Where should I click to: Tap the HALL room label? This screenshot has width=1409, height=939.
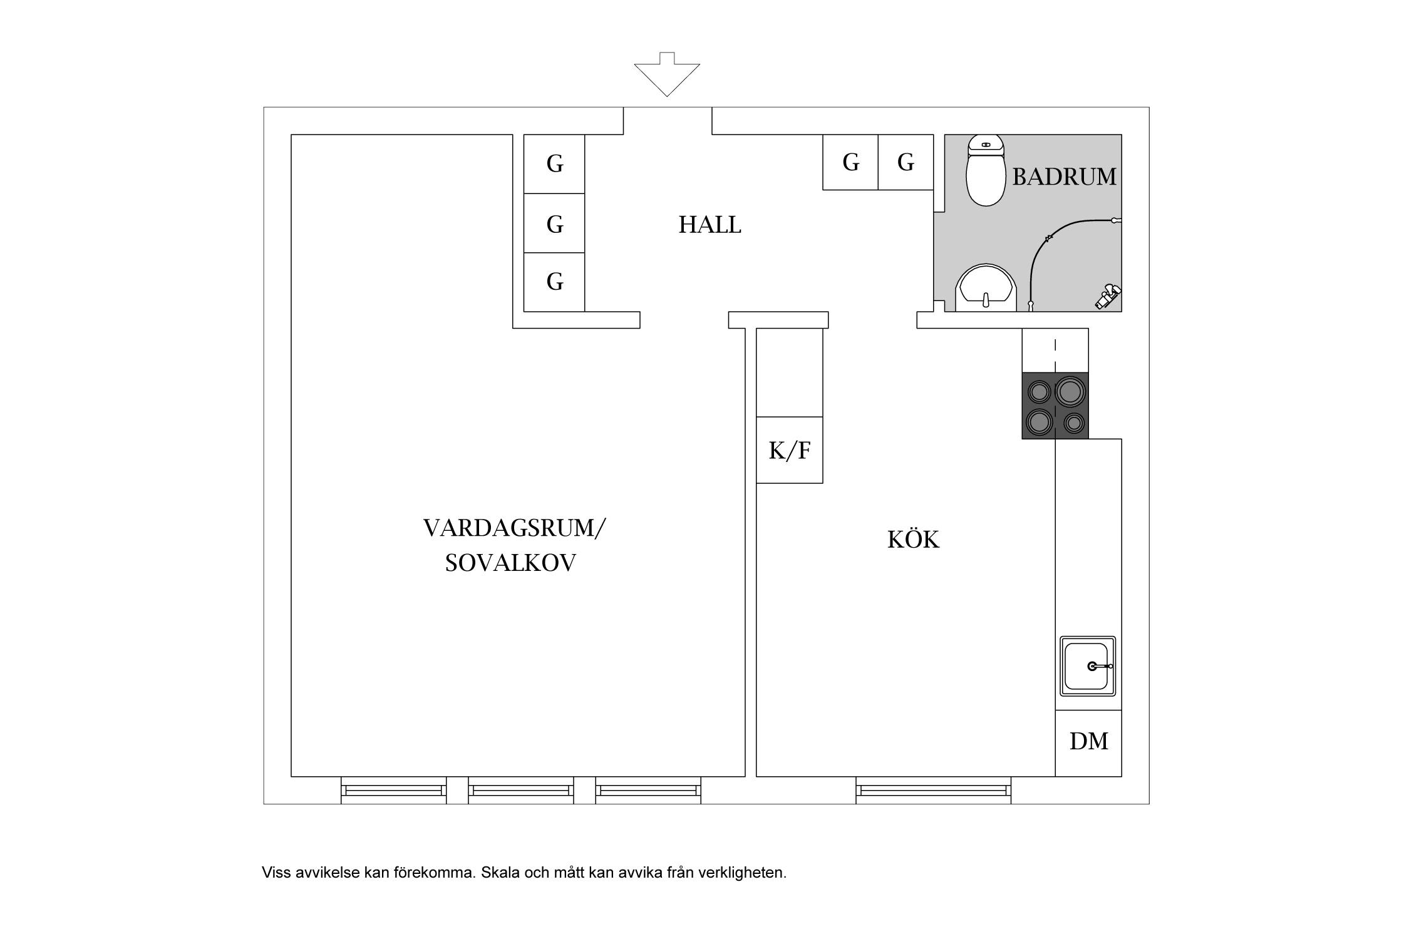710,225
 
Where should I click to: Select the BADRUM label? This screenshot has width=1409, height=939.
1064,177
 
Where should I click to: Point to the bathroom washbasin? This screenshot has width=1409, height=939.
986,290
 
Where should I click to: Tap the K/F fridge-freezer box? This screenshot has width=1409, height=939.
789,450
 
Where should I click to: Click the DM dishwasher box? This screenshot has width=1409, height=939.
1088,742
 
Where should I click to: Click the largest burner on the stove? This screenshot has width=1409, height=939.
1070,391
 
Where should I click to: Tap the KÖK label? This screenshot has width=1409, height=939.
913,540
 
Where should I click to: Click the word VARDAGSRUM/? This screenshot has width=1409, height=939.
514,528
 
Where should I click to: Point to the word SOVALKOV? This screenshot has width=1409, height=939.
510,563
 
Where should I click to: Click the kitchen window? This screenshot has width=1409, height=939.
933,791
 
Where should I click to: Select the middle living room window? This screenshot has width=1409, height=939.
521,791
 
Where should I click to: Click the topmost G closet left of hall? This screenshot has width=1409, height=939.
554,164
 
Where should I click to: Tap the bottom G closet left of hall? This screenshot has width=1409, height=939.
554,282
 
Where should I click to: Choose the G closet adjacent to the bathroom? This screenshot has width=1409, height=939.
906,162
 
